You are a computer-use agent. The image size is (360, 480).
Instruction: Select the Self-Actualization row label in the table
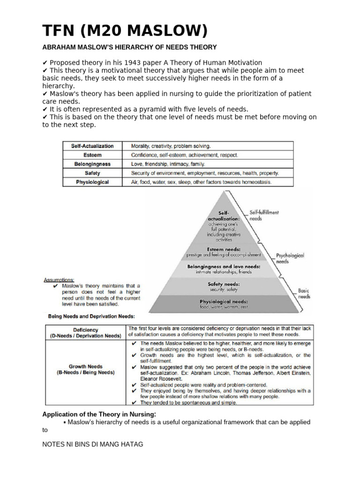[x=92, y=146]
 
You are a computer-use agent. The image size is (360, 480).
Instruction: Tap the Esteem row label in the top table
[x=92, y=155]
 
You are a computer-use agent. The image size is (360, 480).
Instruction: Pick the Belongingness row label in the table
[x=92, y=164]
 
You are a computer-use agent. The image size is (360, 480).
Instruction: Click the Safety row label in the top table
[x=92, y=173]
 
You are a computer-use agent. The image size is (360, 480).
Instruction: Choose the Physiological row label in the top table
[x=92, y=182]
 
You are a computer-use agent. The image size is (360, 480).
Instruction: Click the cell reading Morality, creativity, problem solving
[x=167, y=146]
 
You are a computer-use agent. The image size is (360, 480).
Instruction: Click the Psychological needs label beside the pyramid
[x=290, y=258]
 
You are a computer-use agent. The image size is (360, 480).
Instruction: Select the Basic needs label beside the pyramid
[x=304, y=293]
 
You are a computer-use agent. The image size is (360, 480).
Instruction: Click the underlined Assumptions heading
[x=59, y=280]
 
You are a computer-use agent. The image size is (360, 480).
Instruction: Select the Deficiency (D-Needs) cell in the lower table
[x=86, y=332]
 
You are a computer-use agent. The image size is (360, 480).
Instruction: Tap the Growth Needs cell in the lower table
[x=86, y=370]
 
